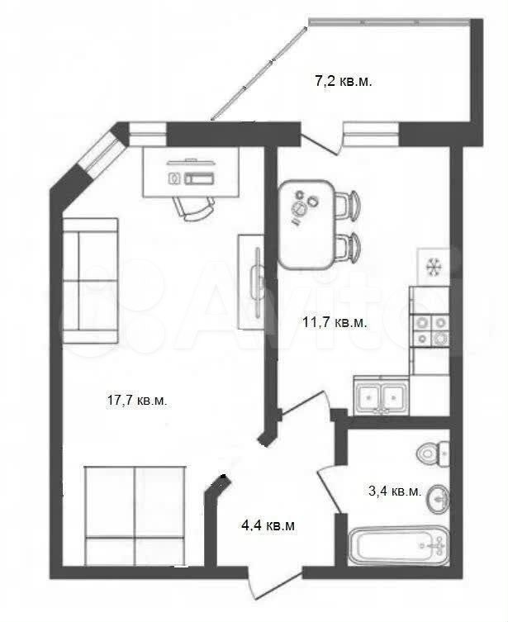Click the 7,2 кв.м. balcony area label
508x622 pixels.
(344, 82)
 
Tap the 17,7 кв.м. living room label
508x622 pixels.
(137, 401)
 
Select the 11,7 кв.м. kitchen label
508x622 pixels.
(335, 322)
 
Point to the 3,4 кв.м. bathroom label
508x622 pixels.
(395, 491)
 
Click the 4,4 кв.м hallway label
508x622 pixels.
(268, 525)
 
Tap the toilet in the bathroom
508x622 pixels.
(433, 453)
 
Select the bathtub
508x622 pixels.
(398, 545)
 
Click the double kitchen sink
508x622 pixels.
(382, 397)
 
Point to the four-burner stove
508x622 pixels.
(431, 330)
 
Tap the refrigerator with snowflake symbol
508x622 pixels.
(434, 267)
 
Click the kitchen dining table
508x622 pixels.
(306, 225)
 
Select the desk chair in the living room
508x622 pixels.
(194, 207)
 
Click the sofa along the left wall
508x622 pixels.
(90, 281)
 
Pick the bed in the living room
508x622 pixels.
(135, 515)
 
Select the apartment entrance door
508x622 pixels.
(275, 578)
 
